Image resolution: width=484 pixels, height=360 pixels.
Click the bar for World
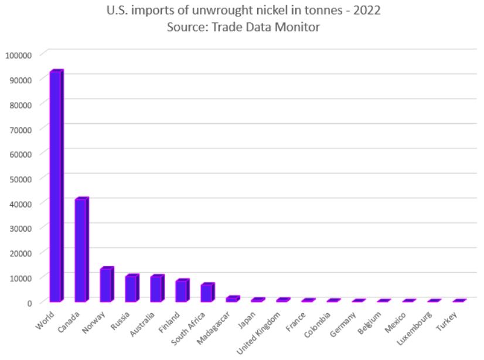[x=56, y=186]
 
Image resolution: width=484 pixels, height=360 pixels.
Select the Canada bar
[x=81, y=250]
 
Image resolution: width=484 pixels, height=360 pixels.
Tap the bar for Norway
[x=106, y=285]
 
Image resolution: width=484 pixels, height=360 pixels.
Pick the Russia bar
[x=131, y=288]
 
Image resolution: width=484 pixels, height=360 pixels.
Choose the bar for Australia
[x=156, y=288]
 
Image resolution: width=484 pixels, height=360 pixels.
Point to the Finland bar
[x=182, y=291]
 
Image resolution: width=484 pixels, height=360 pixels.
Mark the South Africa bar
[x=207, y=293]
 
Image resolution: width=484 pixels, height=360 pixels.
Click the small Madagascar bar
[x=232, y=299]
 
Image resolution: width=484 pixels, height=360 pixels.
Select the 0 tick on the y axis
[x=28, y=303]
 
